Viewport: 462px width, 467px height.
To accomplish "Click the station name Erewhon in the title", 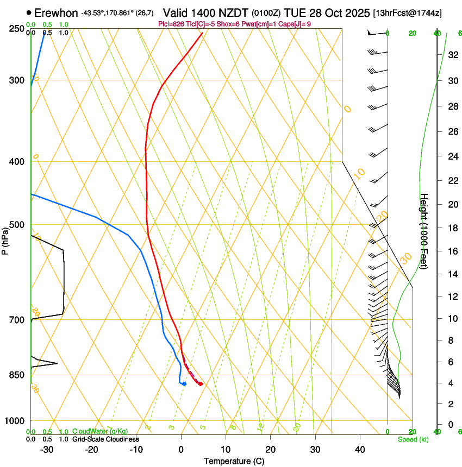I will pyautogui.click(x=57, y=12).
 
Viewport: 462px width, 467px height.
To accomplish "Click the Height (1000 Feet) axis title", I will pyautogui.click(x=424, y=231).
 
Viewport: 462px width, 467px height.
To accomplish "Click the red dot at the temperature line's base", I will pyautogui.click(x=201, y=384).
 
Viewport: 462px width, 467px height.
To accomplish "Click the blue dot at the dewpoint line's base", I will pyautogui.click(x=184, y=384).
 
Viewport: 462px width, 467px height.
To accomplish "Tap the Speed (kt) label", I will pyautogui.click(x=413, y=439).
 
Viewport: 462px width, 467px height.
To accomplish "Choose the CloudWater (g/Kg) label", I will pyautogui.click(x=100, y=431).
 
